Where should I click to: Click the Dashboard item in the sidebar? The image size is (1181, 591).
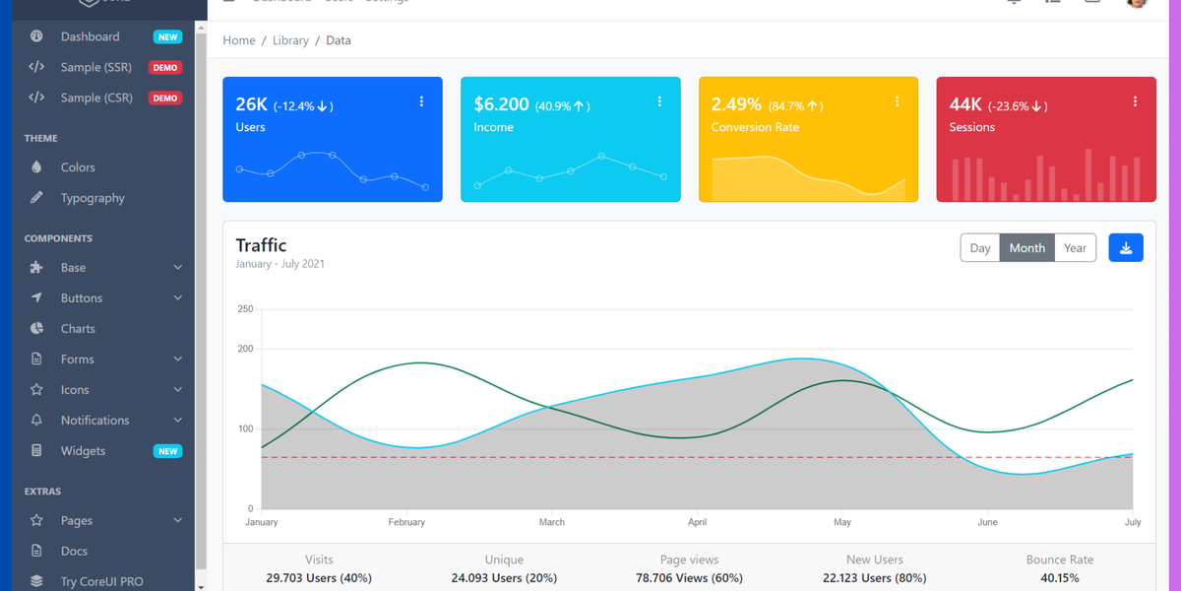click(90, 36)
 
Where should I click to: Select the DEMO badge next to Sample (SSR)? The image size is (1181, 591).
click(164, 68)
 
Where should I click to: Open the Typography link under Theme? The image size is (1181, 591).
click(93, 198)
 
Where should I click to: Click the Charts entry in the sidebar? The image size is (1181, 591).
click(78, 329)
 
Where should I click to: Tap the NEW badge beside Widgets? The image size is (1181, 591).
click(167, 451)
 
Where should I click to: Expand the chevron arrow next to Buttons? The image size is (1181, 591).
click(178, 298)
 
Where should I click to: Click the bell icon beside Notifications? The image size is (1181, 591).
click(36, 421)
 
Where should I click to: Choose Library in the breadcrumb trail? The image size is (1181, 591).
click(290, 40)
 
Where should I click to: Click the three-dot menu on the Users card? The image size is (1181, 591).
click(421, 101)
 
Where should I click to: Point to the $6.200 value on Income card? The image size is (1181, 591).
click(501, 104)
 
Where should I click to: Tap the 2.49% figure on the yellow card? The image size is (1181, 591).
click(736, 104)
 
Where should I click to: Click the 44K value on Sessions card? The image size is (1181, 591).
click(964, 104)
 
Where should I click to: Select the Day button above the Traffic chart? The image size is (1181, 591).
click(979, 248)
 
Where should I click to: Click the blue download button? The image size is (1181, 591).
click(1125, 248)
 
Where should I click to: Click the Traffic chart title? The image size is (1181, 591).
click(261, 245)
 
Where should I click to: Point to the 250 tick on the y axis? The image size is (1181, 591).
click(245, 309)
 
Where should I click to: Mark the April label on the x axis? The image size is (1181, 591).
click(697, 522)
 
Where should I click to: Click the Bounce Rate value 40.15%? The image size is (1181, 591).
click(1059, 578)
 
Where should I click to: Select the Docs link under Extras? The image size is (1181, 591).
click(74, 552)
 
